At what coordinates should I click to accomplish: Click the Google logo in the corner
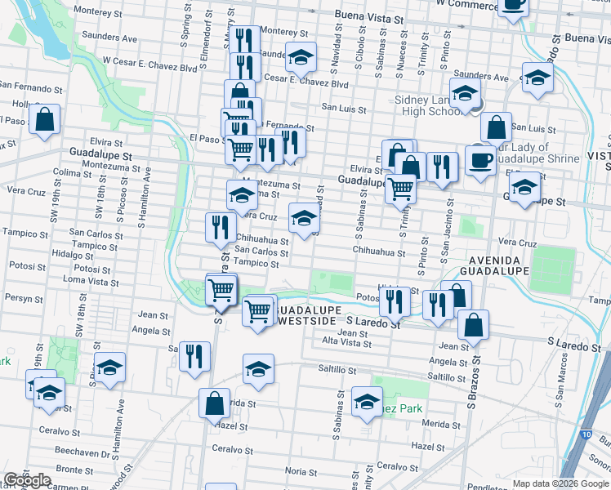(x=28, y=480)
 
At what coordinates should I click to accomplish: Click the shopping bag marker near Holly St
(x=45, y=119)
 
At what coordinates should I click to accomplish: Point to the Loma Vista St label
(x=86, y=281)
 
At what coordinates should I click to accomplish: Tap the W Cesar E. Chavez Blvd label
(x=150, y=60)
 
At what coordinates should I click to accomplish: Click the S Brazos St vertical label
(x=471, y=384)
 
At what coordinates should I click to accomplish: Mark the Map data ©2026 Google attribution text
(x=560, y=483)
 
